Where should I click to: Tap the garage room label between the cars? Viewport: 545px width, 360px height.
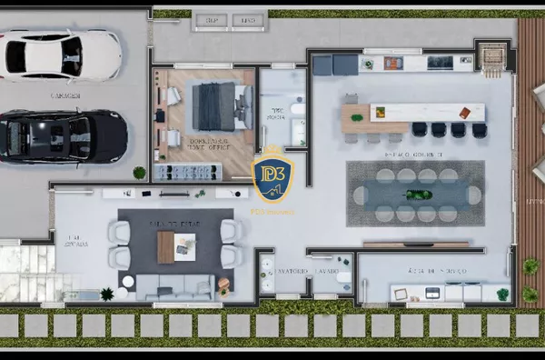pyautogui.click(x=66, y=95)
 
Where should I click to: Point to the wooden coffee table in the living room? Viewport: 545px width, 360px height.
pyautogui.click(x=165, y=245)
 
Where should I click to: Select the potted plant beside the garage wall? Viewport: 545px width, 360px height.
pyautogui.click(x=139, y=172)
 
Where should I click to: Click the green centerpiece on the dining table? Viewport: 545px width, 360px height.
pyautogui.click(x=416, y=194)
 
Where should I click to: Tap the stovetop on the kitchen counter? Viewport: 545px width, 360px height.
pyautogui.click(x=440, y=62)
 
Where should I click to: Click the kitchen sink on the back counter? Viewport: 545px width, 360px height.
pyautogui.click(x=392, y=63)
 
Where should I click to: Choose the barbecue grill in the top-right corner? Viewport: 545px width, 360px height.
pyautogui.click(x=493, y=56)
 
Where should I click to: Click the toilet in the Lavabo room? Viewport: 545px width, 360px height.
pyautogui.click(x=344, y=279)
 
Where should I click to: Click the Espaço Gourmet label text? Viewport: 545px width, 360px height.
pyautogui.click(x=416, y=155)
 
